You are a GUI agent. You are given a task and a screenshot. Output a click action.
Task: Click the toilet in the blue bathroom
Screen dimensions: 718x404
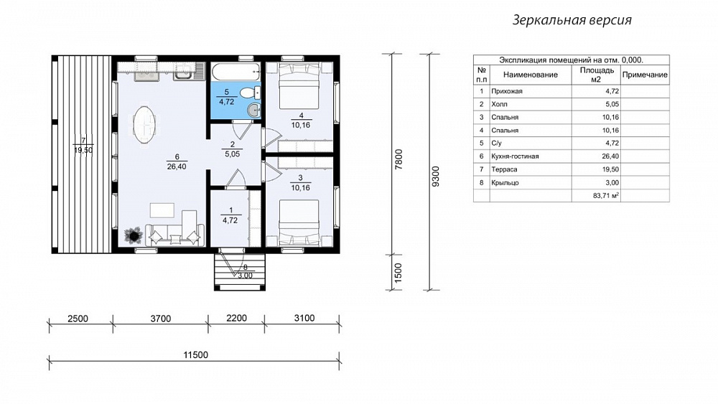point(249,93)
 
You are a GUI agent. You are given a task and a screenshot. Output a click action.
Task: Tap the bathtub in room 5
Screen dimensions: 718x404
point(236,72)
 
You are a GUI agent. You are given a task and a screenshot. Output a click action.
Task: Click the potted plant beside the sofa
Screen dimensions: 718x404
point(134,235)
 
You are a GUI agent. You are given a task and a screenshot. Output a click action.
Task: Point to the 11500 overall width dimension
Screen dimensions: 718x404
point(195,355)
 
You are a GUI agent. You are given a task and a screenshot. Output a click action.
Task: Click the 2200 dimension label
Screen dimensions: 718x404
point(236,318)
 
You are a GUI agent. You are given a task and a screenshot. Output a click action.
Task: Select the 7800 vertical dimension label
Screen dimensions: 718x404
point(398,160)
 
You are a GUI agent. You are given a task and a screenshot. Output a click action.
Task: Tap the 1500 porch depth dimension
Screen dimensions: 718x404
point(398,273)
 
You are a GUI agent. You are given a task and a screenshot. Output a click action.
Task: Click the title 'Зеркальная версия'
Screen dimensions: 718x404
point(572,20)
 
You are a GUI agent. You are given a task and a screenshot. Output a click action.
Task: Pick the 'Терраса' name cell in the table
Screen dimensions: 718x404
point(504,169)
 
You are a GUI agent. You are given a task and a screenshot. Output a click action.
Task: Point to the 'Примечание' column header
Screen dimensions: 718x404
point(645,75)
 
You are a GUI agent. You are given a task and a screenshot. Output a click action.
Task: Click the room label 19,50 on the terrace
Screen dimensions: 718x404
point(83,149)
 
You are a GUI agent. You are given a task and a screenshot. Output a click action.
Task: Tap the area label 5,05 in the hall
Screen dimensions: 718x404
point(232,154)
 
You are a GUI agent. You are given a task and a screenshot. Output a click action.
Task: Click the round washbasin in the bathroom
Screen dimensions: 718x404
point(253,109)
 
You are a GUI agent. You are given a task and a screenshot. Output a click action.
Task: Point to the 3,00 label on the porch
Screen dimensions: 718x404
point(245,276)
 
